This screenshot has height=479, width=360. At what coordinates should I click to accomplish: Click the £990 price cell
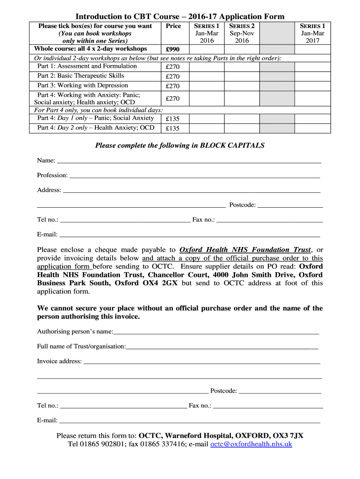click(x=173, y=50)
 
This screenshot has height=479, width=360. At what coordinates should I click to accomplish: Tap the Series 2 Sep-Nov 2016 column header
click(x=242, y=33)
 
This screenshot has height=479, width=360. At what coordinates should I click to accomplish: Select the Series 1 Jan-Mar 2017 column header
click(x=313, y=33)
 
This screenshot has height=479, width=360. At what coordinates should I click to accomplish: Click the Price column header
click(x=173, y=26)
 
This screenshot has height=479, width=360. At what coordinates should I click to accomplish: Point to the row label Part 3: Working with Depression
click(x=83, y=86)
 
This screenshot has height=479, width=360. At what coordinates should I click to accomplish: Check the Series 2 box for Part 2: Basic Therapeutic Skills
click(x=242, y=76)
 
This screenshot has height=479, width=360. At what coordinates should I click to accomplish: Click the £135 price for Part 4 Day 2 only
click(x=173, y=128)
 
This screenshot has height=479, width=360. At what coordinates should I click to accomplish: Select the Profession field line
click(x=194, y=176)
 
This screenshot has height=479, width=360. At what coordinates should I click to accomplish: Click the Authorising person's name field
click(x=216, y=333)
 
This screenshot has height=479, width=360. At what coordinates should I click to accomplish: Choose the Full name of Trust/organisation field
click(x=222, y=348)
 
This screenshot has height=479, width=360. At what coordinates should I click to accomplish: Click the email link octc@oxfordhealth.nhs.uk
click(x=251, y=444)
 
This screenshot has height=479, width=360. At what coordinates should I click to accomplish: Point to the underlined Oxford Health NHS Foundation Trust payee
click(x=245, y=250)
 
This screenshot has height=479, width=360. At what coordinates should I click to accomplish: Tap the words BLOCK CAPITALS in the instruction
click(x=232, y=145)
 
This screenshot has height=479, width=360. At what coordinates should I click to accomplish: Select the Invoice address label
click(x=59, y=361)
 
